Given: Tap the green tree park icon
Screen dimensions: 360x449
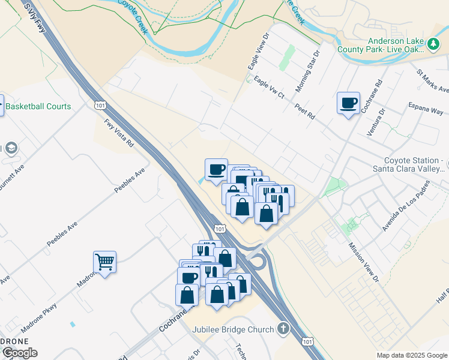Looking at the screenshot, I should tap(432, 44).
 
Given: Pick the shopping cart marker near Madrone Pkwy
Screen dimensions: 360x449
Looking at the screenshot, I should tap(104, 262).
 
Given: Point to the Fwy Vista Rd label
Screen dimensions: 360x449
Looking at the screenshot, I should tap(118, 133).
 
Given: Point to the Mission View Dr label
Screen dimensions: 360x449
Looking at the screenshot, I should tap(364, 262).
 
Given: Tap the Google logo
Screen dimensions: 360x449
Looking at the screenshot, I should tap(19, 353).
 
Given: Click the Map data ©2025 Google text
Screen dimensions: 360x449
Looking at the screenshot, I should tap(412, 355).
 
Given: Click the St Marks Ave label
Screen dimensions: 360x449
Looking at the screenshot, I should tap(432, 81).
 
